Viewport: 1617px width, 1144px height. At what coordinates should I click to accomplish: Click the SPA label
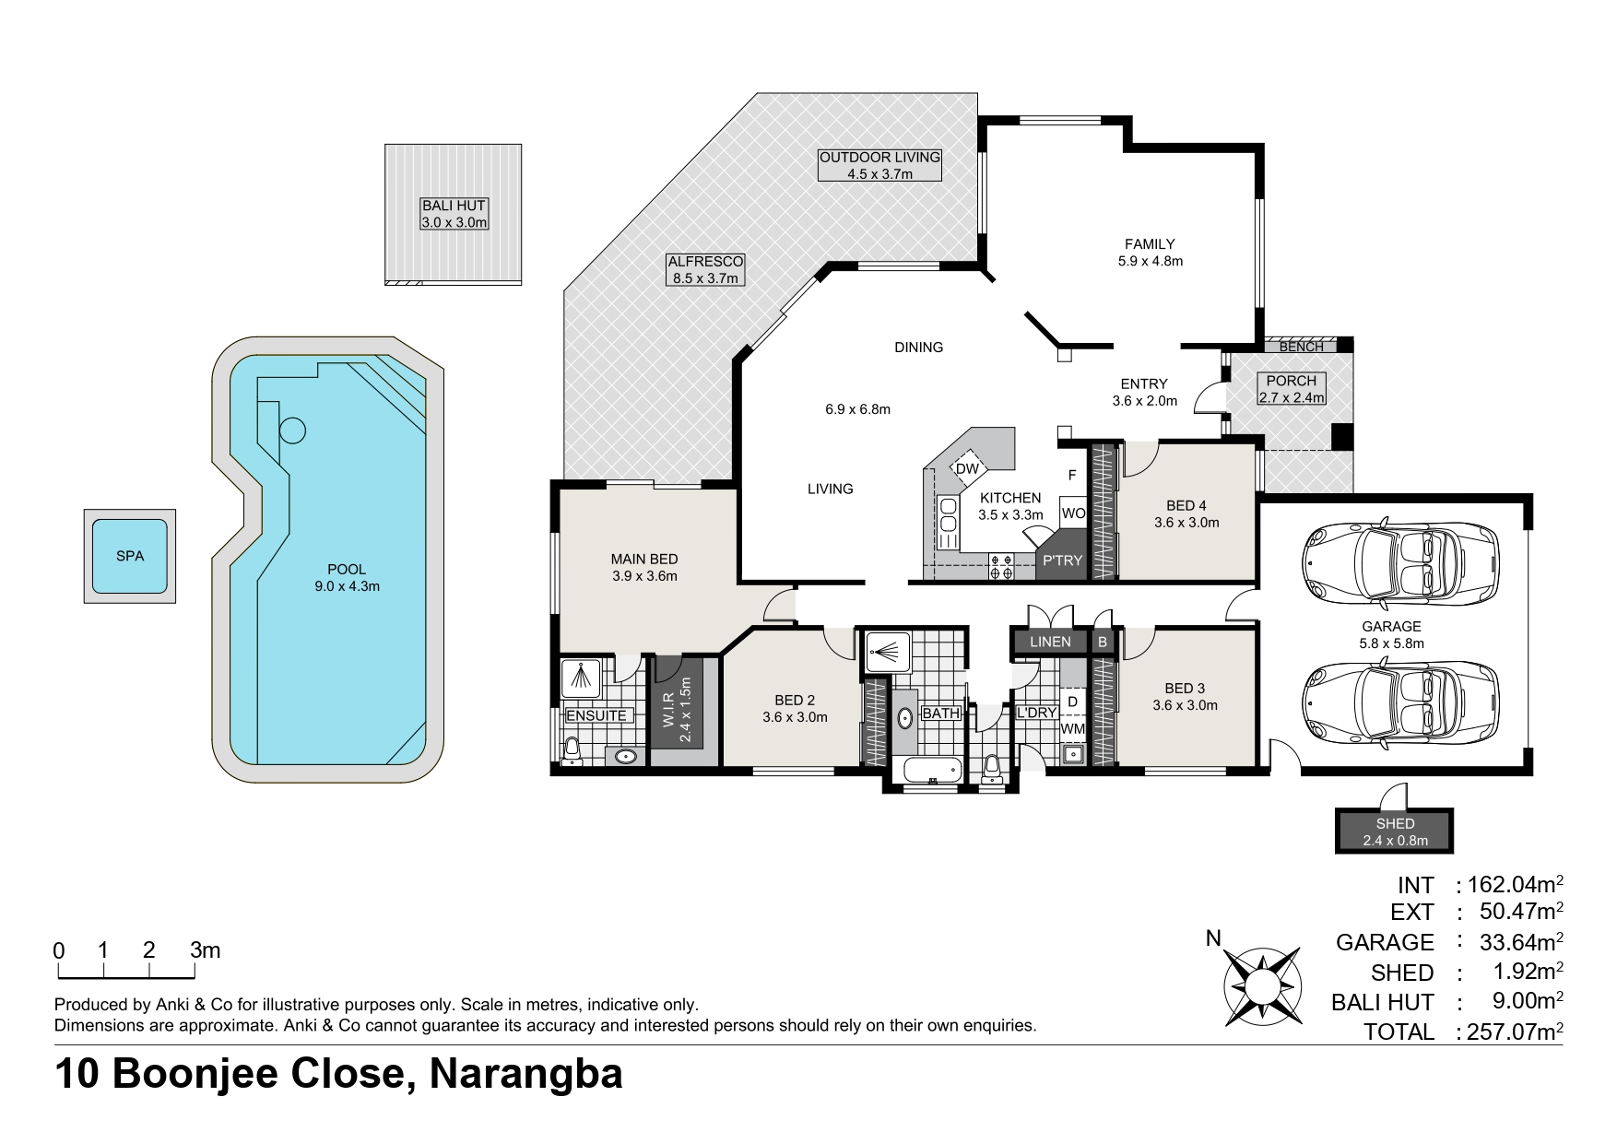pos(130,557)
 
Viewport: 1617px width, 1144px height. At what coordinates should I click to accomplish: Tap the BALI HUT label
pos(454,206)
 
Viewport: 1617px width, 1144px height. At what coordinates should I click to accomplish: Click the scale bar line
pos(125,975)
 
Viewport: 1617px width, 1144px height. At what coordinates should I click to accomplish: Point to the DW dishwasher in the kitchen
pos(967,469)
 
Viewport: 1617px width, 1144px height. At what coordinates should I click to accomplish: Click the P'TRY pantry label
pos(1062,560)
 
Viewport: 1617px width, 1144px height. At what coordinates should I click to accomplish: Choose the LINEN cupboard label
pos(1050,642)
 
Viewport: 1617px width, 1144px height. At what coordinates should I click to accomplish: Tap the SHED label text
pos(1395,824)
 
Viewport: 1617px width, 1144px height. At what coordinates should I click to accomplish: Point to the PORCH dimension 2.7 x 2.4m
pos(1292,398)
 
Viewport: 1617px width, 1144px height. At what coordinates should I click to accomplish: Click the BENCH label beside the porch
pos(1302,347)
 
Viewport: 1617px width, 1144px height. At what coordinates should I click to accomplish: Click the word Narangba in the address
pos(526,1074)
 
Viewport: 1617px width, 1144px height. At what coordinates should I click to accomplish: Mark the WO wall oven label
pos(1073,513)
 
